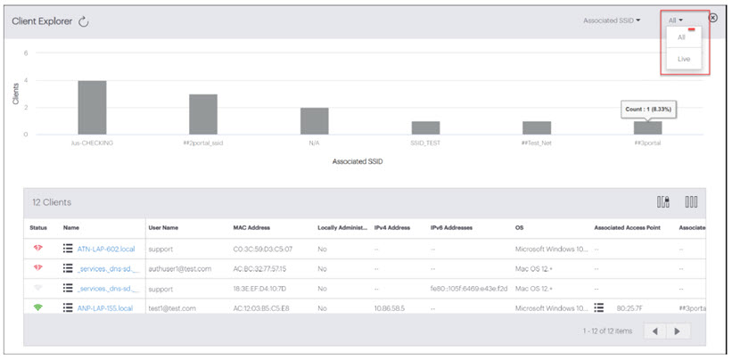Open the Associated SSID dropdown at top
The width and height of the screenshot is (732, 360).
pyautogui.click(x=613, y=20)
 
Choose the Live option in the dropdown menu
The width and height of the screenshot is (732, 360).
pyautogui.click(x=684, y=59)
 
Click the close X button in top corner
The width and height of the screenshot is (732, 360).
pyautogui.click(x=712, y=18)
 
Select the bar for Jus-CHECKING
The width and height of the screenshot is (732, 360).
pyautogui.click(x=92, y=107)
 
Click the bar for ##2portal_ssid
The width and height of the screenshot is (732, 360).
pyautogui.click(x=202, y=114)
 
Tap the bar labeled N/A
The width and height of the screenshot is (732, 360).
pyautogui.click(x=314, y=120)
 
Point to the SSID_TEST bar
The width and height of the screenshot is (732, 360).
pyautogui.click(x=425, y=127)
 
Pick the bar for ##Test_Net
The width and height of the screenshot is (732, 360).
pyautogui.click(x=537, y=127)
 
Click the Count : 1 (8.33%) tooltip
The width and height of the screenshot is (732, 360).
pyautogui.click(x=647, y=109)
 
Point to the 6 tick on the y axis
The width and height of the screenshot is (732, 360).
pyautogui.click(x=27, y=53)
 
